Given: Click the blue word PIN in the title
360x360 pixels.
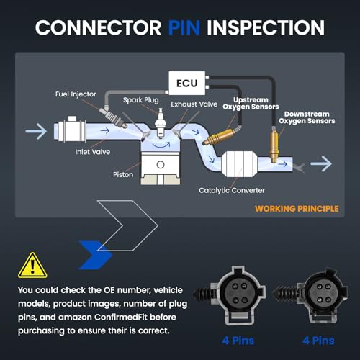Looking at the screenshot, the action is coord(184,27).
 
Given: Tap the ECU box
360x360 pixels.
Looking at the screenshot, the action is coord(187,83).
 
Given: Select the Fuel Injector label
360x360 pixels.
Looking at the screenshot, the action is coord(76,94).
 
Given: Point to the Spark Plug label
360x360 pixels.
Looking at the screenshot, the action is coord(141,100).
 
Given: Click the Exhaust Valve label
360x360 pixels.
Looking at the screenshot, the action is coord(194,104).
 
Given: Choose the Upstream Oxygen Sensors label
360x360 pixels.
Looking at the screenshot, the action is coord(251,103).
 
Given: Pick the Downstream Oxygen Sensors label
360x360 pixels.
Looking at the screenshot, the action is coord(307,117).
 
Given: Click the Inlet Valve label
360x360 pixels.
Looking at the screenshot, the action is coord(93,152).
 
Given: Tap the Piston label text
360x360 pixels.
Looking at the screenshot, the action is coord(123,174).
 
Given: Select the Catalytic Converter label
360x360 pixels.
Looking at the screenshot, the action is coord(232,190).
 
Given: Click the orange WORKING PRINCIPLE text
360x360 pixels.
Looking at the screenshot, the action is coord(297,209).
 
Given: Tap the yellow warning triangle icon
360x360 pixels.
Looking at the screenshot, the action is coord(32,266).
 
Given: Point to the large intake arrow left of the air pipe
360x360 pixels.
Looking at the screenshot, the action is coord(36,131).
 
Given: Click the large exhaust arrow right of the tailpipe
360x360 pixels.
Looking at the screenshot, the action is coord(321,163).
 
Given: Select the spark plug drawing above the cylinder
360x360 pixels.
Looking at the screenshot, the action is coord(160,123).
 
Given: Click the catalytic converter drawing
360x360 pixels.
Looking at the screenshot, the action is coord(238,164).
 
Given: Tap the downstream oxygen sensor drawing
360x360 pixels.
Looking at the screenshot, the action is coord(274,145).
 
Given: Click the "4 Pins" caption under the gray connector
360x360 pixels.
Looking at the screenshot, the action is coord(238,341).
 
